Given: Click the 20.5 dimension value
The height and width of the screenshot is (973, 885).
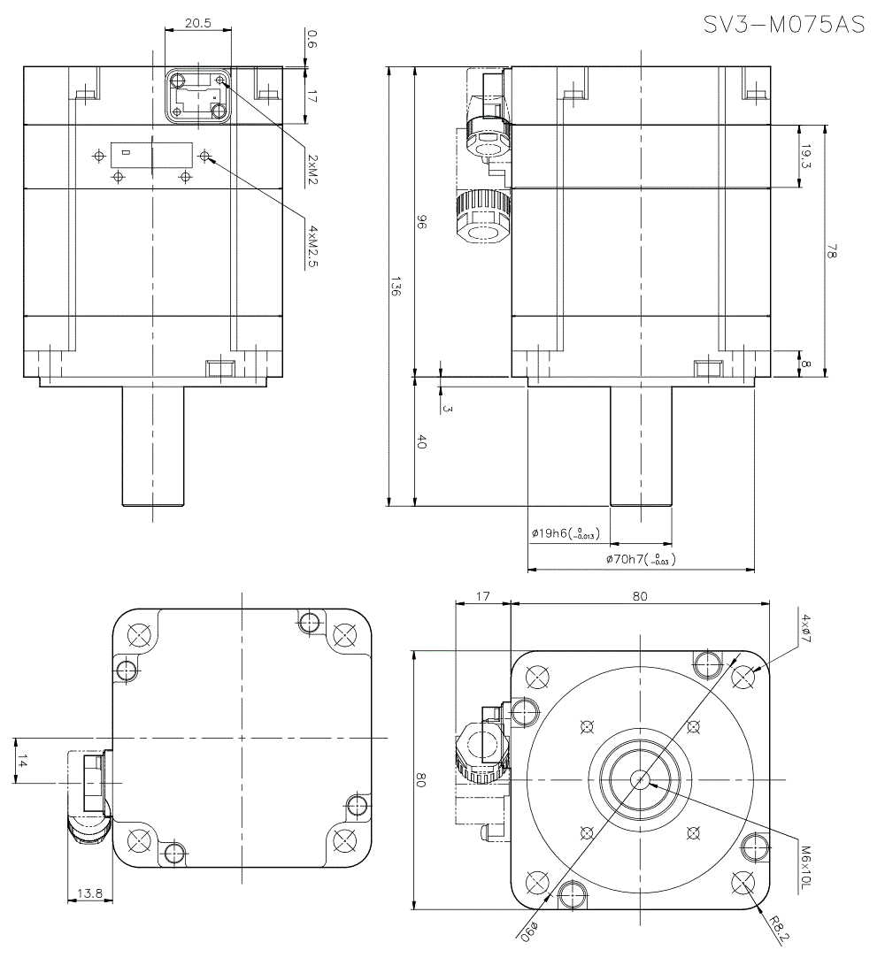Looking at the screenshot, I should (x=198, y=24).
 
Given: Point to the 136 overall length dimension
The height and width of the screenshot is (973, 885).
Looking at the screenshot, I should (x=396, y=287).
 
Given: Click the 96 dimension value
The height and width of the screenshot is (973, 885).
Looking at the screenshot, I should (x=421, y=226).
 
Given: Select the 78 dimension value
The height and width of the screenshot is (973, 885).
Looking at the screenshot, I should (x=832, y=252).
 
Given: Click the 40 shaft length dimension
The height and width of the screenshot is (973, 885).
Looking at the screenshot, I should (x=421, y=442).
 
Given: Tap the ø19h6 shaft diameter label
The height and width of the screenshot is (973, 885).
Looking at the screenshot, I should (x=565, y=533).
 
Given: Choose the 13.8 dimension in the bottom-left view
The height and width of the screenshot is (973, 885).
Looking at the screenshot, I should (x=89, y=894).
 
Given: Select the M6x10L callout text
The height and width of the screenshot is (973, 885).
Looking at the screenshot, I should (x=805, y=866).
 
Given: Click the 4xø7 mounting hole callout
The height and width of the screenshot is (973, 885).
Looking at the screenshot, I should (x=805, y=629).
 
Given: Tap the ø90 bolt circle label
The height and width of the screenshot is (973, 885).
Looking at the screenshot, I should (x=528, y=929).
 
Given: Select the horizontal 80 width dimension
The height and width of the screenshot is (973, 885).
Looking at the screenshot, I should (x=640, y=596).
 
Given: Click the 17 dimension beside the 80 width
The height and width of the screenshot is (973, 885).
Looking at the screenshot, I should (x=482, y=596).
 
